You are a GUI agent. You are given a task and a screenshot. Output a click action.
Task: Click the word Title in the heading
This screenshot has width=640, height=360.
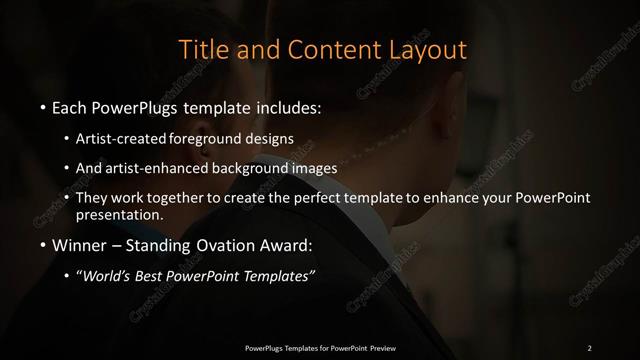[201, 48]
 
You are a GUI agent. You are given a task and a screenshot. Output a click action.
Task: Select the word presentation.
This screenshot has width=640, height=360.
[119, 214]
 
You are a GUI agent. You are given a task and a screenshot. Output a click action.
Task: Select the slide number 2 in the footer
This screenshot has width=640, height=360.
[590, 347]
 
